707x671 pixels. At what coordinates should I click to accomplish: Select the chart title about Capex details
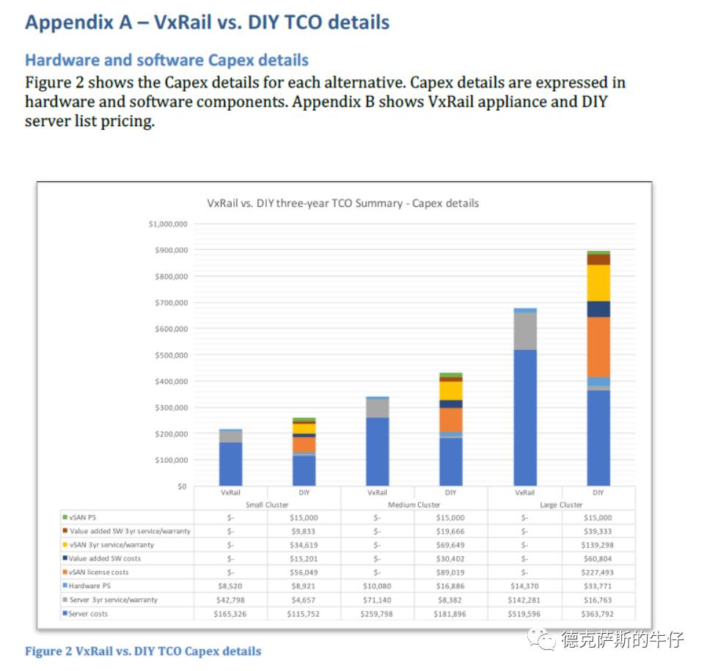tap(343, 203)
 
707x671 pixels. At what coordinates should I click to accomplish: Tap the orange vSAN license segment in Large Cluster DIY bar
tap(598, 347)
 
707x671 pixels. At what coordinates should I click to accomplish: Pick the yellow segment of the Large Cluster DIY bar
tap(598, 282)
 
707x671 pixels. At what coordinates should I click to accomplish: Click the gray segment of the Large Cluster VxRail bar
tap(524, 331)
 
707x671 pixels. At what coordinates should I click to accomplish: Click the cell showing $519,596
tap(524, 614)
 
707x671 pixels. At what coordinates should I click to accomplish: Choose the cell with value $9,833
tap(304, 531)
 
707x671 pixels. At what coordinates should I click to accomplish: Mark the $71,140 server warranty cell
tap(377, 600)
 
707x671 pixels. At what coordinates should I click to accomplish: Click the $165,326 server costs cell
tap(230, 614)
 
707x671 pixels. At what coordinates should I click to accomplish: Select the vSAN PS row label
tap(82, 518)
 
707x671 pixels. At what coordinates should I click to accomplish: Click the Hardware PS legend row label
tap(89, 586)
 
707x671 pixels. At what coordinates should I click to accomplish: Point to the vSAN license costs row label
tap(98, 572)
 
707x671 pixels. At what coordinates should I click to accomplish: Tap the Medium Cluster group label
tap(414, 505)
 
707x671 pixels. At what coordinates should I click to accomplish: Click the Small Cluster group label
tap(267, 505)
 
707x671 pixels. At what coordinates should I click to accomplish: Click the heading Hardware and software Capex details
tap(166, 60)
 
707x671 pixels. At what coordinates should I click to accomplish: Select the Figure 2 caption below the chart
tap(143, 650)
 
